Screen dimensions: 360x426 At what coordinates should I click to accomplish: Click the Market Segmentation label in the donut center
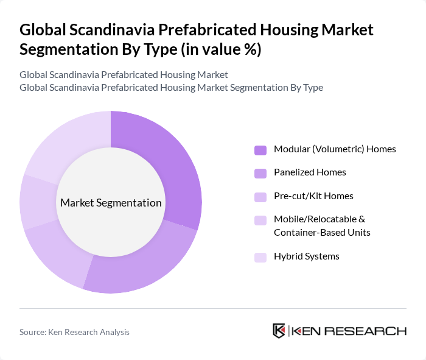click(111, 203)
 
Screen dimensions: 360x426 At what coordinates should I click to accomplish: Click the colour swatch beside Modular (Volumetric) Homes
click(260, 150)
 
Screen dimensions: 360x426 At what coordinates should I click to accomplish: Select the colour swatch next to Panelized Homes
click(260, 173)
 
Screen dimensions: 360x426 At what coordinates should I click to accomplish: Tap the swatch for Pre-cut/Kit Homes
click(260, 197)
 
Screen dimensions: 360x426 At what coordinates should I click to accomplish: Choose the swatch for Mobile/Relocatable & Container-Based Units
click(260, 220)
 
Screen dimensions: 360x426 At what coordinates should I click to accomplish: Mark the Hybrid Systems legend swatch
click(260, 257)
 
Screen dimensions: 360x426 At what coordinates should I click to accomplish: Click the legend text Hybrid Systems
click(307, 256)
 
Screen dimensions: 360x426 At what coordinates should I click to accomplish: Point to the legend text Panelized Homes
click(310, 172)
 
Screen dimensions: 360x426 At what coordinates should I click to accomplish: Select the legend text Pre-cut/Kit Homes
click(313, 196)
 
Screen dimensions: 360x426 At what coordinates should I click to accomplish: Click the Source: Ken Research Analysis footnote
click(74, 332)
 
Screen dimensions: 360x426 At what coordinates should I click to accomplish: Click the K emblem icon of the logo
click(279, 331)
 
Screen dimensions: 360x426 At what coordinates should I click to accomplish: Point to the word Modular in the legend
click(292, 149)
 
